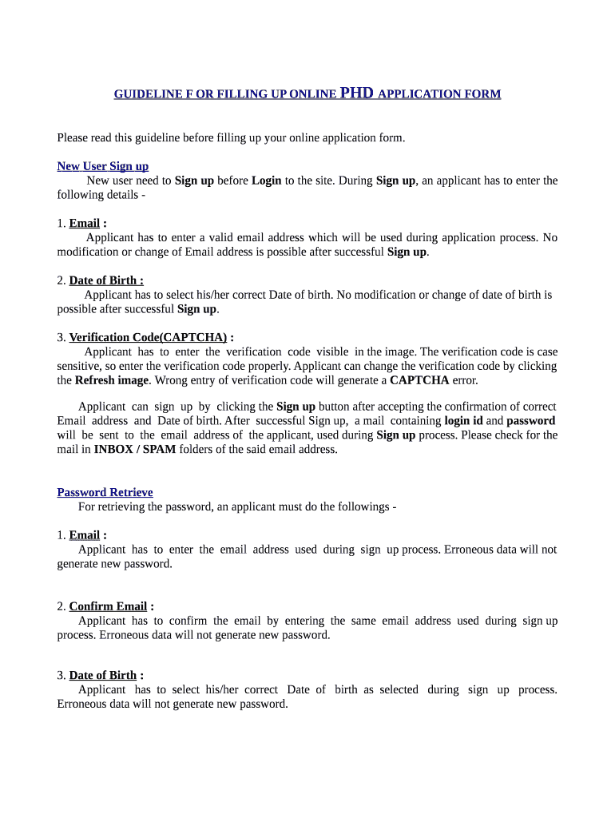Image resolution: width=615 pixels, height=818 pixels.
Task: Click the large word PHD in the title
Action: tap(356, 93)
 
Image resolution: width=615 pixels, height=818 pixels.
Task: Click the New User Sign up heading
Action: tap(102, 166)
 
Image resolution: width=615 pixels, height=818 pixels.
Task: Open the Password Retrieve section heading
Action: tap(105, 492)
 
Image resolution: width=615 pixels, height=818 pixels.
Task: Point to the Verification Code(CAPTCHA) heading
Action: tap(148, 337)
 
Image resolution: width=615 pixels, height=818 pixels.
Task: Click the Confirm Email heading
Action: tap(108, 606)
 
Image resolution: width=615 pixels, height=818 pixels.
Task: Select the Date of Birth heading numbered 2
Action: tap(106, 280)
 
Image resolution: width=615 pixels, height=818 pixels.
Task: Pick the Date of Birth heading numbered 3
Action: tap(103, 675)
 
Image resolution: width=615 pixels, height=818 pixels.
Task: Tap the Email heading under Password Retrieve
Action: tap(84, 535)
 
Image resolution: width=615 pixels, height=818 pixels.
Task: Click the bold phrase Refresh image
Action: tap(112, 380)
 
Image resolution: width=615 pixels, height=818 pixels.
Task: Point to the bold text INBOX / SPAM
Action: tap(135, 449)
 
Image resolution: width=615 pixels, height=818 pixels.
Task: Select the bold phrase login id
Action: tap(463, 420)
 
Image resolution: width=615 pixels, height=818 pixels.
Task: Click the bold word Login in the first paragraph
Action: tap(266, 181)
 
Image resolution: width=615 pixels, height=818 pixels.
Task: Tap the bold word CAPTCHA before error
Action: tap(419, 380)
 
